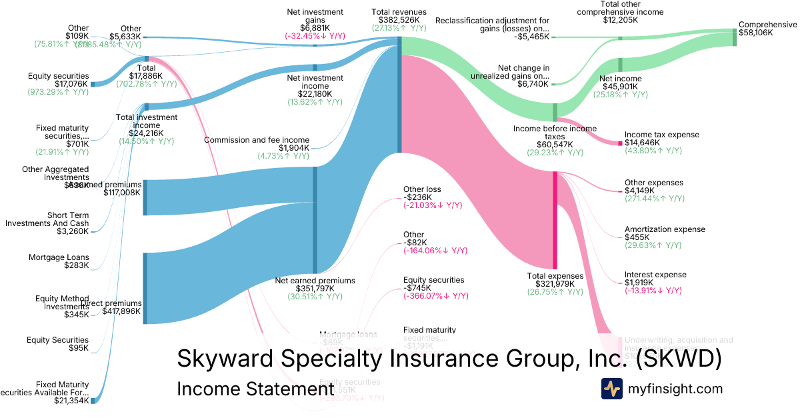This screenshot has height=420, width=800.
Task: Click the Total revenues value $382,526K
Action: pos(399,21)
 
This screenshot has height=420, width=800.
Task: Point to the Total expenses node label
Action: pos(555,276)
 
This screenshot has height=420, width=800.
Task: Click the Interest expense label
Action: pos(655,275)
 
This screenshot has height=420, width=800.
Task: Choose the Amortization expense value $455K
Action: pos(637,237)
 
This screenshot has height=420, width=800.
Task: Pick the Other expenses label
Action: pos(654,183)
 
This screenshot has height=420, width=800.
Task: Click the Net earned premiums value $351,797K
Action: pos(315,289)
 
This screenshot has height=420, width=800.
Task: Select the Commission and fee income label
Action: pos(257,140)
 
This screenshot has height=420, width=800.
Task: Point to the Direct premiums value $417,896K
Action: pos(121,311)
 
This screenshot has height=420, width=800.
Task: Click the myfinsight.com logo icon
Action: pos(611,389)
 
